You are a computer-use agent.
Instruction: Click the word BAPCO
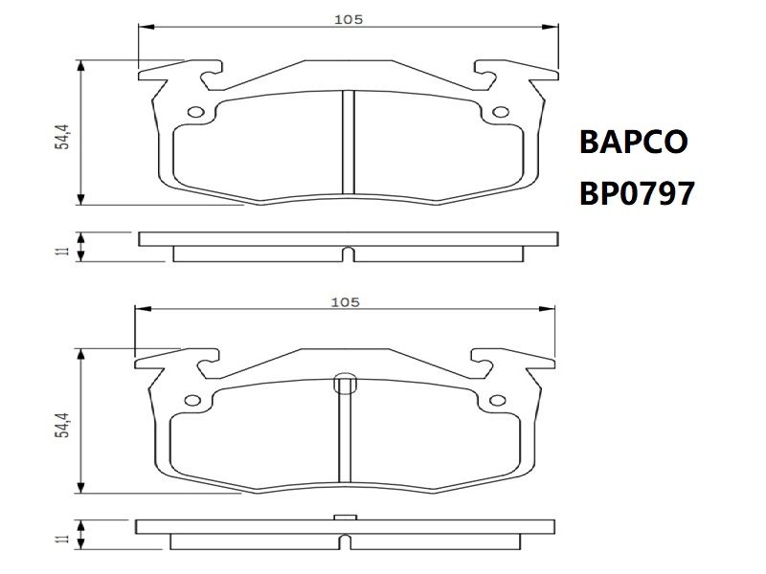[634, 142]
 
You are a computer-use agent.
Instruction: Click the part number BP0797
[637, 193]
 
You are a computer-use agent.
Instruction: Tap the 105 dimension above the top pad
[349, 19]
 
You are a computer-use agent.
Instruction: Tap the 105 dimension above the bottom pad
[346, 302]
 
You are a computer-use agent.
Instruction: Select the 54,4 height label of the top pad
[62, 137]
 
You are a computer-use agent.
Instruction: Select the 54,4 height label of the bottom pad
[62, 425]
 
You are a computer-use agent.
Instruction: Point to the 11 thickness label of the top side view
[62, 252]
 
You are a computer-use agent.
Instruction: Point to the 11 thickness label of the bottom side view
[62, 539]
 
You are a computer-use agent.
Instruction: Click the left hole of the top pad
[196, 112]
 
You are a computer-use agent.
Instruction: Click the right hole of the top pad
[501, 112]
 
